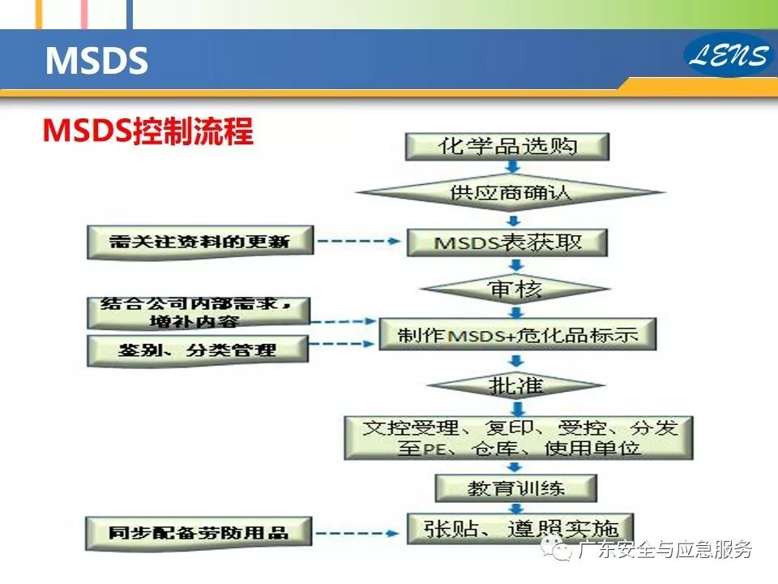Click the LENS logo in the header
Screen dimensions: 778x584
[729, 54]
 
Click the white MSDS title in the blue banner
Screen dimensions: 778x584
[96, 61]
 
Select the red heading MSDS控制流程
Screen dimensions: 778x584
[147, 131]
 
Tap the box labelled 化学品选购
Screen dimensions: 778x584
[507, 147]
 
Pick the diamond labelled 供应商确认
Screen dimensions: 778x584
[510, 192]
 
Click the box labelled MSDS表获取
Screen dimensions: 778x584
[507, 243]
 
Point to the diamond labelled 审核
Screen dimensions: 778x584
[515, 289]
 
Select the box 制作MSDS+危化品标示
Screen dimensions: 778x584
[518, 334]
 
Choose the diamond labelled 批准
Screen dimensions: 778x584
[515, 384]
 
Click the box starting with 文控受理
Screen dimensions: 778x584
[519, 437]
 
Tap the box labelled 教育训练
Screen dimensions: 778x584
[515, 488]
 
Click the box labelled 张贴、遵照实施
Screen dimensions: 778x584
[520, 529]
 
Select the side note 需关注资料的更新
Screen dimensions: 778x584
[200, 243]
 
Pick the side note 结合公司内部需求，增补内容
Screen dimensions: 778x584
[199, 313]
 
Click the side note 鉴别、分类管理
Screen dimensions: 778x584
[198, 350]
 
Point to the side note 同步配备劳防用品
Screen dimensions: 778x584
[199, 534]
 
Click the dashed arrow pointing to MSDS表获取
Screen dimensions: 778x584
[359, 242]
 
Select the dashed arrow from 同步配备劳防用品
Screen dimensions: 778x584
[357, 534]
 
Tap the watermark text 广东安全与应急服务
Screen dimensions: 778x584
[664, 549]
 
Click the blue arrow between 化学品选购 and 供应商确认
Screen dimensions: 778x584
[512, 166]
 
